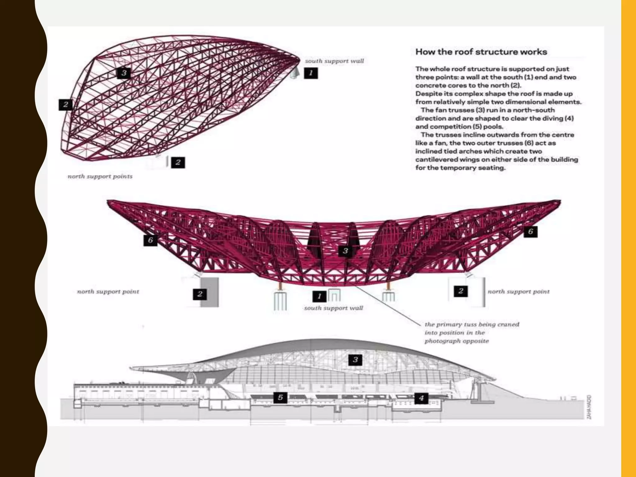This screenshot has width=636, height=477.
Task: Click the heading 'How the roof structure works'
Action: [x=481, y=52]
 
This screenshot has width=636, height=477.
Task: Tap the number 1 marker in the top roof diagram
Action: [x=311, y=73]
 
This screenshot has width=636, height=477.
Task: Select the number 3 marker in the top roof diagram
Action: [x=124, y=73]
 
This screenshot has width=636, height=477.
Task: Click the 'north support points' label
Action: [x=100, y=176]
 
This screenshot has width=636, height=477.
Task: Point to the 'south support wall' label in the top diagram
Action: [x=334, y=61]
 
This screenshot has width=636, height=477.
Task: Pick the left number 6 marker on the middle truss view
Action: [x=150, y=240]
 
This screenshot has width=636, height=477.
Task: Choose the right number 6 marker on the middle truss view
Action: [x=530, y=231]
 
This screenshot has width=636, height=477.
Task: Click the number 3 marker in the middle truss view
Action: [x=345, y=251]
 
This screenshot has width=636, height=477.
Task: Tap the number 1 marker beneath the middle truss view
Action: [x=319, y=296]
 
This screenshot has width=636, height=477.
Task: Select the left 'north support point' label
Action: [x=108, y=292]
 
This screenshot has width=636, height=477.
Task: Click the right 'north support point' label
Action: [x=518, y=292]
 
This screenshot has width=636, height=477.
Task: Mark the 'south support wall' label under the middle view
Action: [x=334, y=308]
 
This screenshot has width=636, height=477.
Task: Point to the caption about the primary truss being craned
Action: [x=471, y=333]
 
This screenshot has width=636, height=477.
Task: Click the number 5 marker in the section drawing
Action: [x=280, y=397]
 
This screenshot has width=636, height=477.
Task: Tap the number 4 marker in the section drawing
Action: [x=421, y=398]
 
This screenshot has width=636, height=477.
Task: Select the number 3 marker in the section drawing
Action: [x=355, y=360]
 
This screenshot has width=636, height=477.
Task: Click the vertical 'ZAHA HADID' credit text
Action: [x=589, y=407]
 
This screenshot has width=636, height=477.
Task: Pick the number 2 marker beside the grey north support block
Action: [x=200, y=294]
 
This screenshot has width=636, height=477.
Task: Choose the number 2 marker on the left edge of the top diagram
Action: [x=66, y=105]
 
